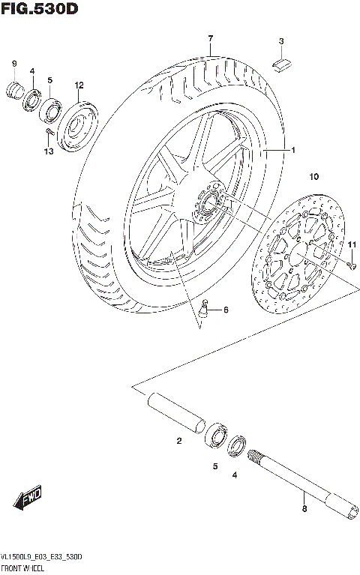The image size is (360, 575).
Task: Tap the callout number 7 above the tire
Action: pyautogui.click(x=211, y=38)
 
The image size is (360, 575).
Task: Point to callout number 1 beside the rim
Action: pyautogui.click(x=293, y=150)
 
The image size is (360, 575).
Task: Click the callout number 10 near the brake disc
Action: pyautogui.click(x=313, y=177)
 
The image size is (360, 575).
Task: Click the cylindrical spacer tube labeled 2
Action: pyautogui.click(x=176, y=412)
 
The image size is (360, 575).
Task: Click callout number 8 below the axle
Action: pyautogui.click(x=304, y=510)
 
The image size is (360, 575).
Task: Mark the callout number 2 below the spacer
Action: pyautogui.click(x=179, y=441)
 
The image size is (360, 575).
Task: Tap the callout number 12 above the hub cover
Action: pyautogui.click(x=79, y=85)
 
